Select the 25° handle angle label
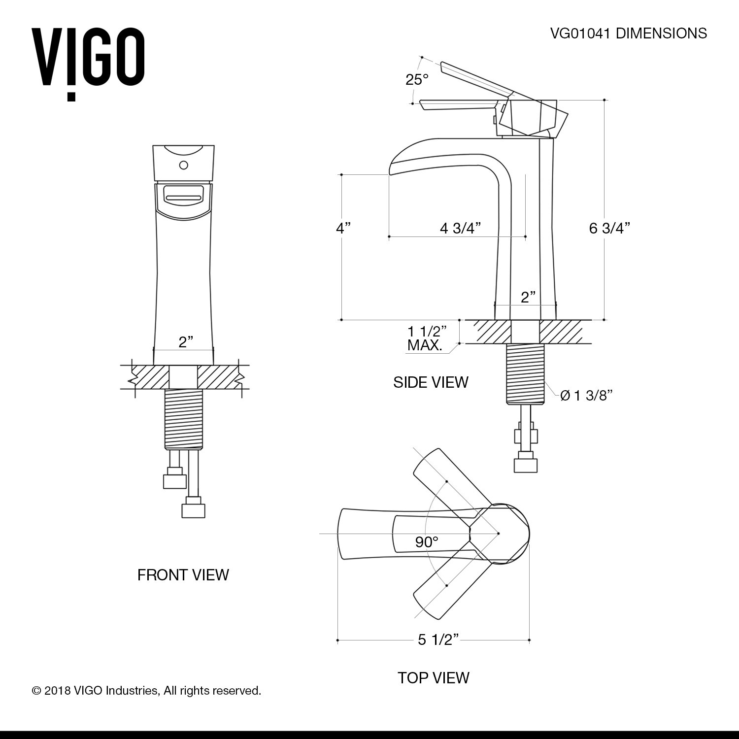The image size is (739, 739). point(417,79)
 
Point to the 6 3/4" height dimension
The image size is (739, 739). point(609,228)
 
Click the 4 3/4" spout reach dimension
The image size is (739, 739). point(460,228)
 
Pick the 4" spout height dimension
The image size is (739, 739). point(343,228)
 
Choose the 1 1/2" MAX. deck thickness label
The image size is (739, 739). point(427,337)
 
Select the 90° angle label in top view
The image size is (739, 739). point(426,542)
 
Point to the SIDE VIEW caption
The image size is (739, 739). point(431,382)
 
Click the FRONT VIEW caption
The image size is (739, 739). point(183,574)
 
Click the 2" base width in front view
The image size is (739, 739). point(185,342)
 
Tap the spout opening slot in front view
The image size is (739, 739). point(183,198)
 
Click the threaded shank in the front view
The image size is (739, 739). point(183,419)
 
